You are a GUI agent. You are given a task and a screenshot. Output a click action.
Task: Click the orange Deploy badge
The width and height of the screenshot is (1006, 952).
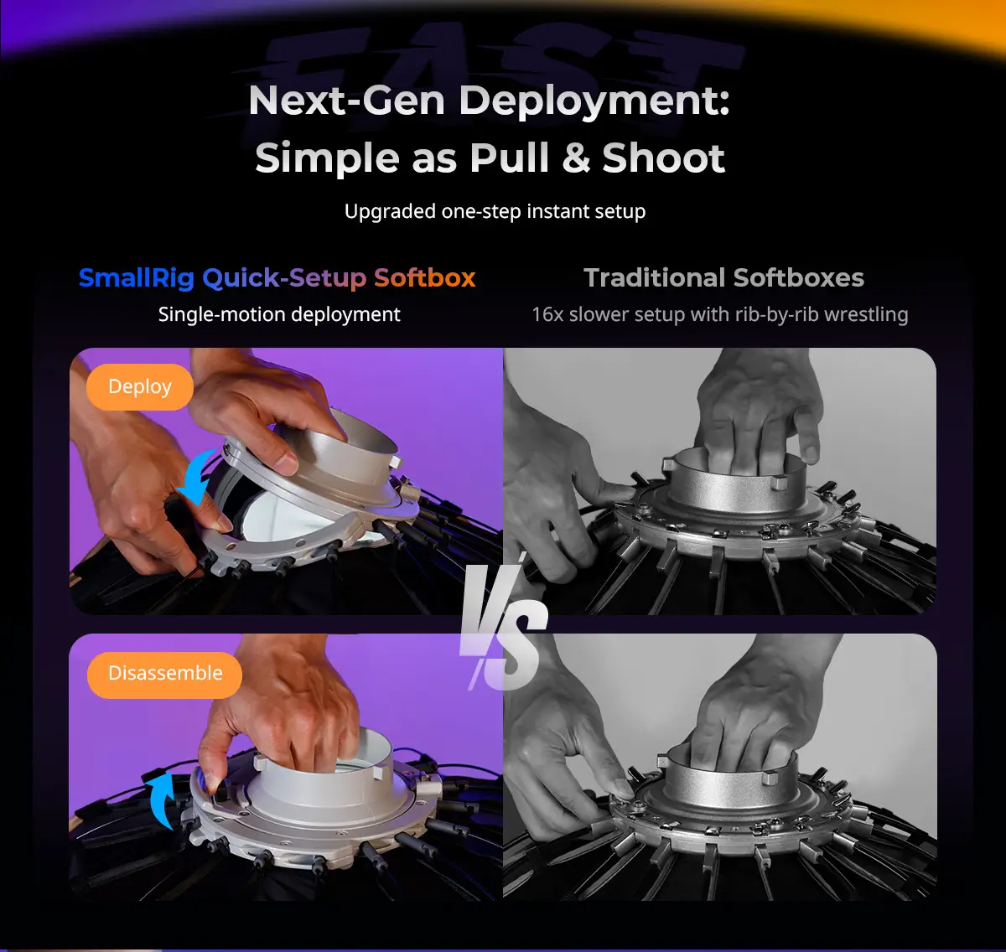tap(140, 386)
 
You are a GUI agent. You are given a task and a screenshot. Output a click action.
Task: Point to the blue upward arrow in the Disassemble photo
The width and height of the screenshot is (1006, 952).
tap(161, 799)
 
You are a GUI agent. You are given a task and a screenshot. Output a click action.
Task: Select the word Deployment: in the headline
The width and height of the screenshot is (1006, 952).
tap(594, 101)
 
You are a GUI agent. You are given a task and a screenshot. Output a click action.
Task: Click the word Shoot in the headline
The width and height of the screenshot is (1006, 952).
tap(663, 158)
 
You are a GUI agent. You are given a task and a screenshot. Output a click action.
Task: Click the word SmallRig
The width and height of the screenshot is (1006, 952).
tap(137, 277)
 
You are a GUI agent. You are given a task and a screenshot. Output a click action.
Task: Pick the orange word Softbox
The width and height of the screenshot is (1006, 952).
tap(425, 277)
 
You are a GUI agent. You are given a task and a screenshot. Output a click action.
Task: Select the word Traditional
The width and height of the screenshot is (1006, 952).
tap(655, 277)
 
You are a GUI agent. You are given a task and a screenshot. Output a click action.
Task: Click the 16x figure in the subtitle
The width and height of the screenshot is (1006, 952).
tap(547, 314)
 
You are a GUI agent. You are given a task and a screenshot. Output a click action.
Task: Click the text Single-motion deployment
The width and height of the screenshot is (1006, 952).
tap(279, 314)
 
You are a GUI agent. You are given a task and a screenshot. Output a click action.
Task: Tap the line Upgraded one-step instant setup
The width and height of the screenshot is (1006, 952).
tap(495, 211)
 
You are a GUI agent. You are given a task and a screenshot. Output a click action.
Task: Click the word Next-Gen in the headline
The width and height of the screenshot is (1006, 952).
tap(346, 101)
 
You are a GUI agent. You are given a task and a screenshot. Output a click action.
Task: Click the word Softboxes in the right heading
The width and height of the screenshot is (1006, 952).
tap(798, 277)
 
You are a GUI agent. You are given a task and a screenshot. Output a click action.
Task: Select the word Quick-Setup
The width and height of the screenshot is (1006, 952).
tap(284, 278)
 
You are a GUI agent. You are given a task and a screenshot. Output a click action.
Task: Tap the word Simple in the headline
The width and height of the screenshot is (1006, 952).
tap(327, 158)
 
